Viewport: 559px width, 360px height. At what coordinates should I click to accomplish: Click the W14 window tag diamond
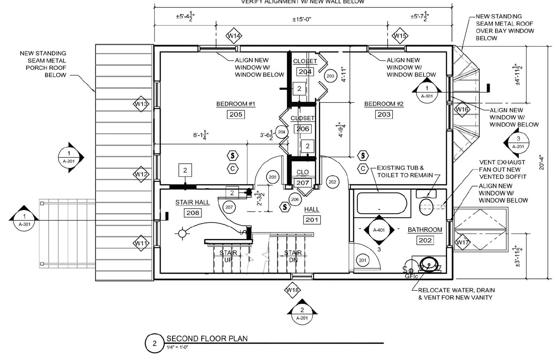234,36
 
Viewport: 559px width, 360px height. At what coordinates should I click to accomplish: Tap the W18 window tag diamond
292,290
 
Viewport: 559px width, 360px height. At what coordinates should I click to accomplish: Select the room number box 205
236,114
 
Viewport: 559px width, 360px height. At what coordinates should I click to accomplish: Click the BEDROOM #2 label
384,104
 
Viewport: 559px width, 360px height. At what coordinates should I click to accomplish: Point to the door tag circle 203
330,76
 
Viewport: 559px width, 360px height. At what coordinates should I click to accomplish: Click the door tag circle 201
363,260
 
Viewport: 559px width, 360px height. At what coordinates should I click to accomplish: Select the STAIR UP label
228,256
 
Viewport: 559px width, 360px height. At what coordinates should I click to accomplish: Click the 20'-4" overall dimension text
542,163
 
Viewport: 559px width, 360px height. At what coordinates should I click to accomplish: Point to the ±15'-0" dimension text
302,19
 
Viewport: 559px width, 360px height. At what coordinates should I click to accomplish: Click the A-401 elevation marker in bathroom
379,230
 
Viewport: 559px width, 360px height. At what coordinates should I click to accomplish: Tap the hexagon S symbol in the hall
285,207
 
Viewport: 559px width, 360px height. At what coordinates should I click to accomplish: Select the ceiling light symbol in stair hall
182,233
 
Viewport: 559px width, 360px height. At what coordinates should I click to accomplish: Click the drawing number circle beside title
154,343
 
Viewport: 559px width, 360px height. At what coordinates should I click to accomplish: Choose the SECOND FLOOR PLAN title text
207,338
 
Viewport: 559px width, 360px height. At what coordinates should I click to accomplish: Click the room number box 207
303,182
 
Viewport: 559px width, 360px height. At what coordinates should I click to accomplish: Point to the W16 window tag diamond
462,109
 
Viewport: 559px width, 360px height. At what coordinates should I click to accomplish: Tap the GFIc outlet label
411,276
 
